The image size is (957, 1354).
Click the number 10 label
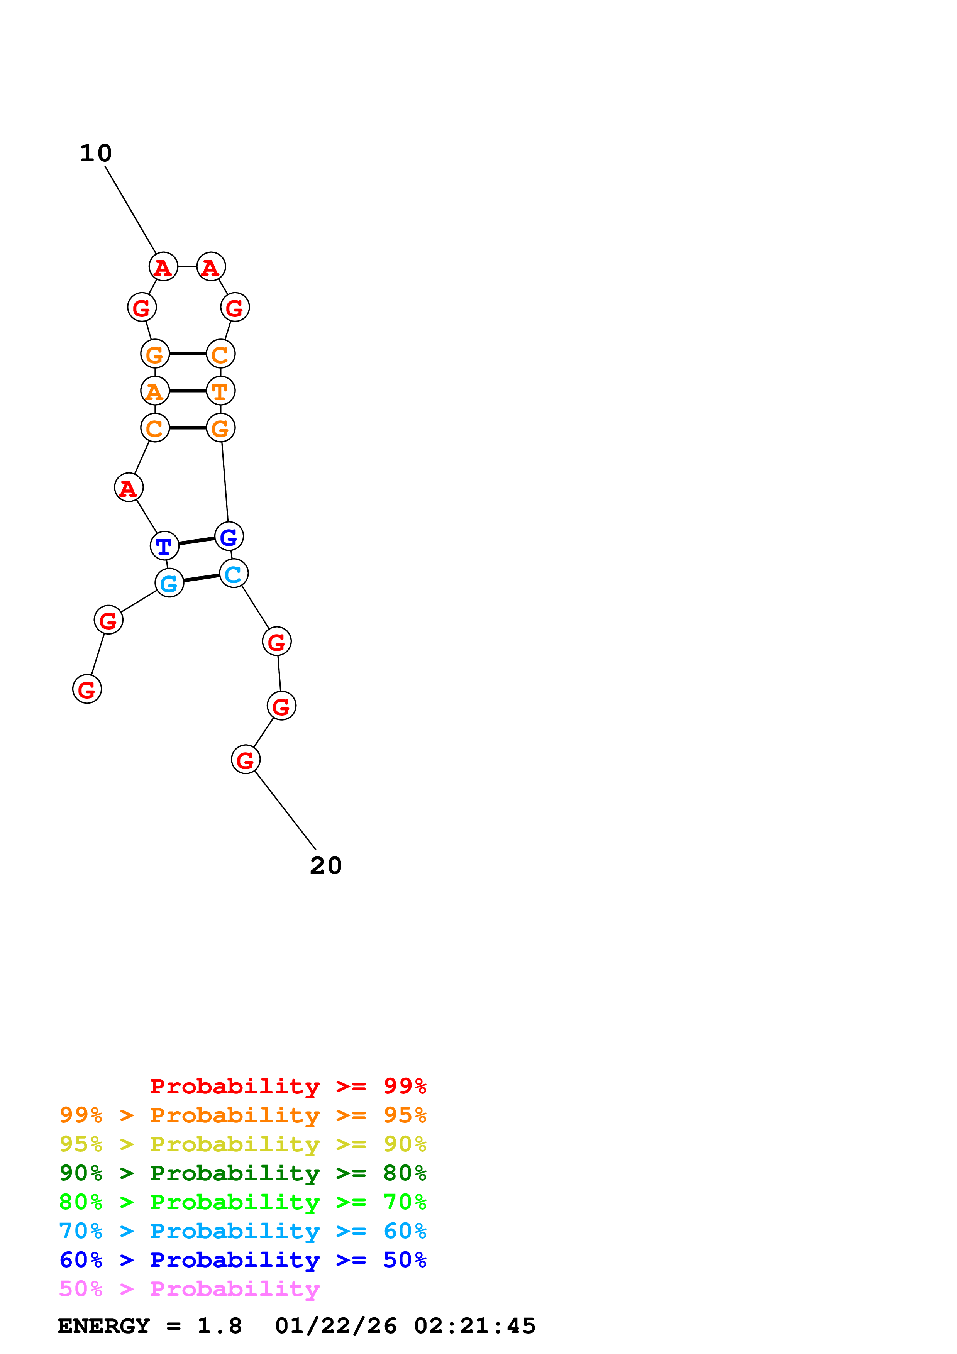click(95, 153)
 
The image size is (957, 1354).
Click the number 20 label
click(325, 866)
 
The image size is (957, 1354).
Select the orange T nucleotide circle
click(220, 390)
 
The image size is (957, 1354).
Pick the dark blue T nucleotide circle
click(164, 545)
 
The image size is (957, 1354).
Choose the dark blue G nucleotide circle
click(229, 536)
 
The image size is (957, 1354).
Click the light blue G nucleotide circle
click(169, 583)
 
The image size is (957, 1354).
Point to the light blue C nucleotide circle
click(234, 573)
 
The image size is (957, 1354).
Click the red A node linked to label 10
click(163, 267)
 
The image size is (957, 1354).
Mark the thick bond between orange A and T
click(188, 390)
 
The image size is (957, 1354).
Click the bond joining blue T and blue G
click(196, 541)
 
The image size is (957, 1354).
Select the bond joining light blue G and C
click(201, 578)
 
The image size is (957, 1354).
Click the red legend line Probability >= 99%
click(288, 1086)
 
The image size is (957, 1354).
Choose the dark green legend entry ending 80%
click(242, 1173)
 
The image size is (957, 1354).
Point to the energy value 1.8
click(219, 1326)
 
